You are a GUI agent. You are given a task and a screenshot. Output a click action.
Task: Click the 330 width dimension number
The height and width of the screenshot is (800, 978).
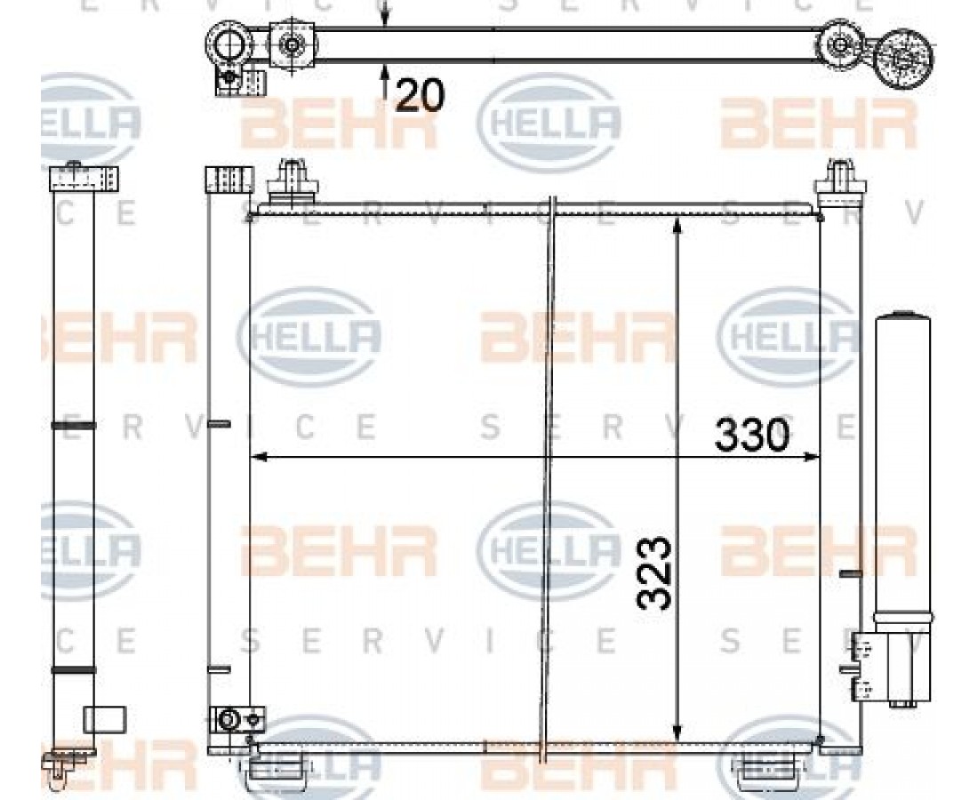click(752, 435)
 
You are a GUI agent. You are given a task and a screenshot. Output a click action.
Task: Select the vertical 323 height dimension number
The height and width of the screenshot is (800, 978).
click(654, 573)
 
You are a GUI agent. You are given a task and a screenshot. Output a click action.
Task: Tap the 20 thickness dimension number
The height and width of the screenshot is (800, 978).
click(419, 95)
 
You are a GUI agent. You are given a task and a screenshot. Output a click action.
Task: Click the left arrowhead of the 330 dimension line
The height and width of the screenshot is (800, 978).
click(258, 457)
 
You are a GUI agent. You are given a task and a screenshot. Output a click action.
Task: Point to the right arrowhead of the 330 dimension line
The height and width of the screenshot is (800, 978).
click(812, 457)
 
